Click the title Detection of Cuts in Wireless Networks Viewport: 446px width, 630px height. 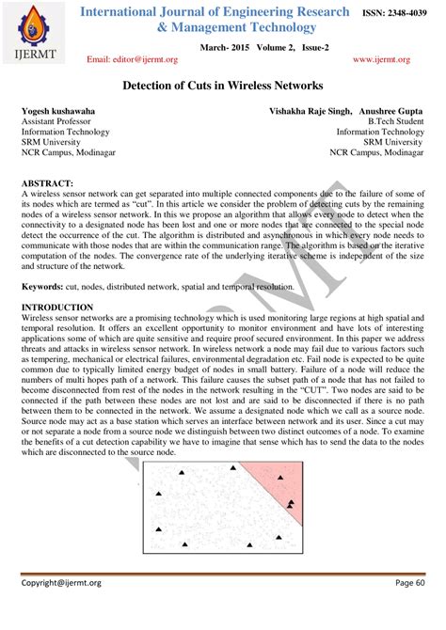(x=222, y=84)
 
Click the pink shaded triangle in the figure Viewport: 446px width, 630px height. (x=279, y=484)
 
